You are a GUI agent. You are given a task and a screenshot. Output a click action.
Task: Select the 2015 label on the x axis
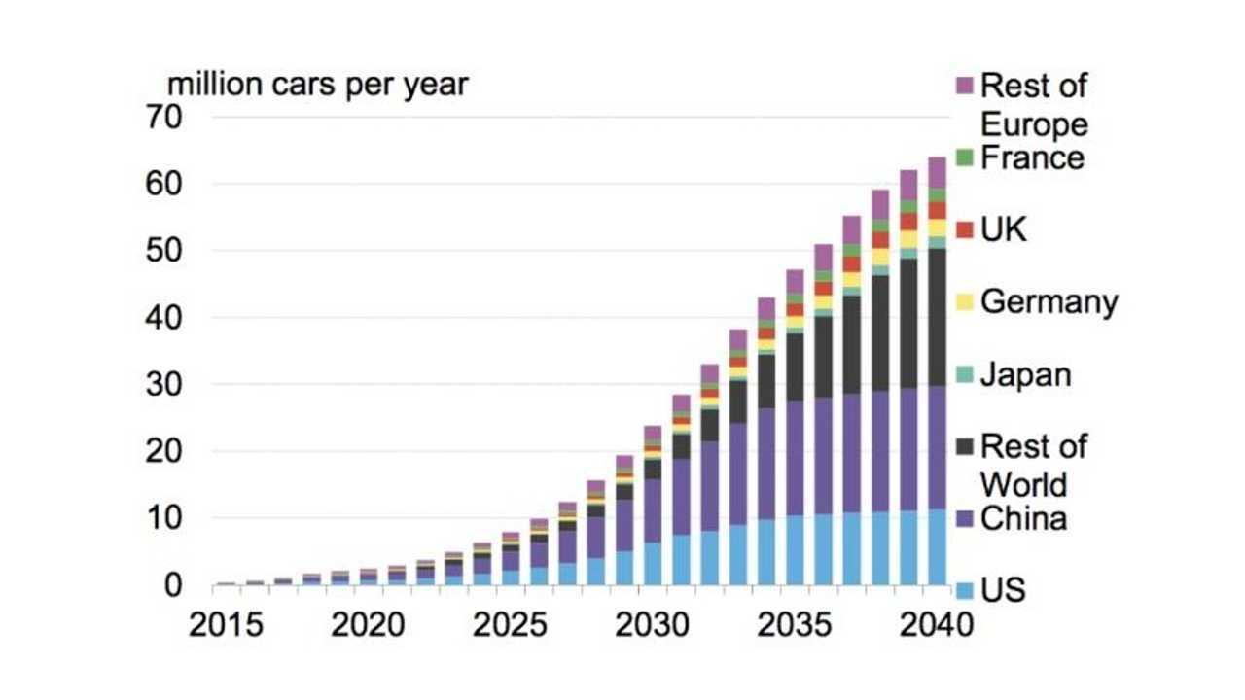227,624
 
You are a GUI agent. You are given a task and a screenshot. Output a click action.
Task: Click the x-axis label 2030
653,624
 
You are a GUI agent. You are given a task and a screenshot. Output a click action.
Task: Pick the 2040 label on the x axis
936,624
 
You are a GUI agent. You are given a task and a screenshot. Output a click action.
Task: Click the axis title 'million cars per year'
318,85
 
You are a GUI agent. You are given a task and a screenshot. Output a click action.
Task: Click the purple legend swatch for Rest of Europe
965,86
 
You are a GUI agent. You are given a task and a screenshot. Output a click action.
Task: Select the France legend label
1032,157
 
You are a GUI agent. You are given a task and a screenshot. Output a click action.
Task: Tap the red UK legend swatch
965,230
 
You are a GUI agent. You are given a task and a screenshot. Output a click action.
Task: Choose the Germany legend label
1049,302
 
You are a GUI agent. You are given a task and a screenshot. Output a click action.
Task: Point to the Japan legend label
1025,374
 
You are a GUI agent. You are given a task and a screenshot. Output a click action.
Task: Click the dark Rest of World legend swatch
965,447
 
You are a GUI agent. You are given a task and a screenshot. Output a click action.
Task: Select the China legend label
1023,518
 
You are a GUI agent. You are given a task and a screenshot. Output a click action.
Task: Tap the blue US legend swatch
965,591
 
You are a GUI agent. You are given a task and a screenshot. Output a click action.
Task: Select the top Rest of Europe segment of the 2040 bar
938,172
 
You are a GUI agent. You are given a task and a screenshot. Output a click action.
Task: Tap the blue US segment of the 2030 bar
653,564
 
